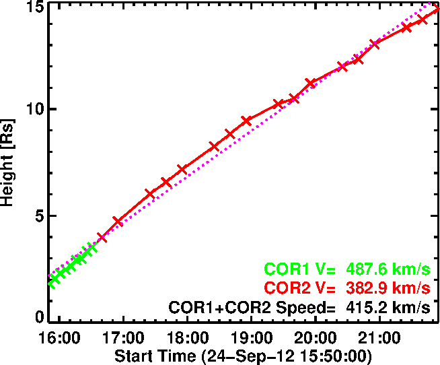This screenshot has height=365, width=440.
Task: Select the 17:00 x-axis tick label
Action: point(122,336)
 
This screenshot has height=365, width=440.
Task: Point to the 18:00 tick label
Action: point(187,336)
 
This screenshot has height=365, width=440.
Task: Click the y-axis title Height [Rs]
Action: point(9,163)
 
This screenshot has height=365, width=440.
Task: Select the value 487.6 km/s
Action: point(388,269)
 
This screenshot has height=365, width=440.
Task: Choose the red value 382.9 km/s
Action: point(388,288)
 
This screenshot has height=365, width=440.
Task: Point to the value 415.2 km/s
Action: point(388,307)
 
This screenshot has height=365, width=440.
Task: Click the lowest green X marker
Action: point(52,281)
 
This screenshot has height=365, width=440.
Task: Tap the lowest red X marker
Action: point(102,238)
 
